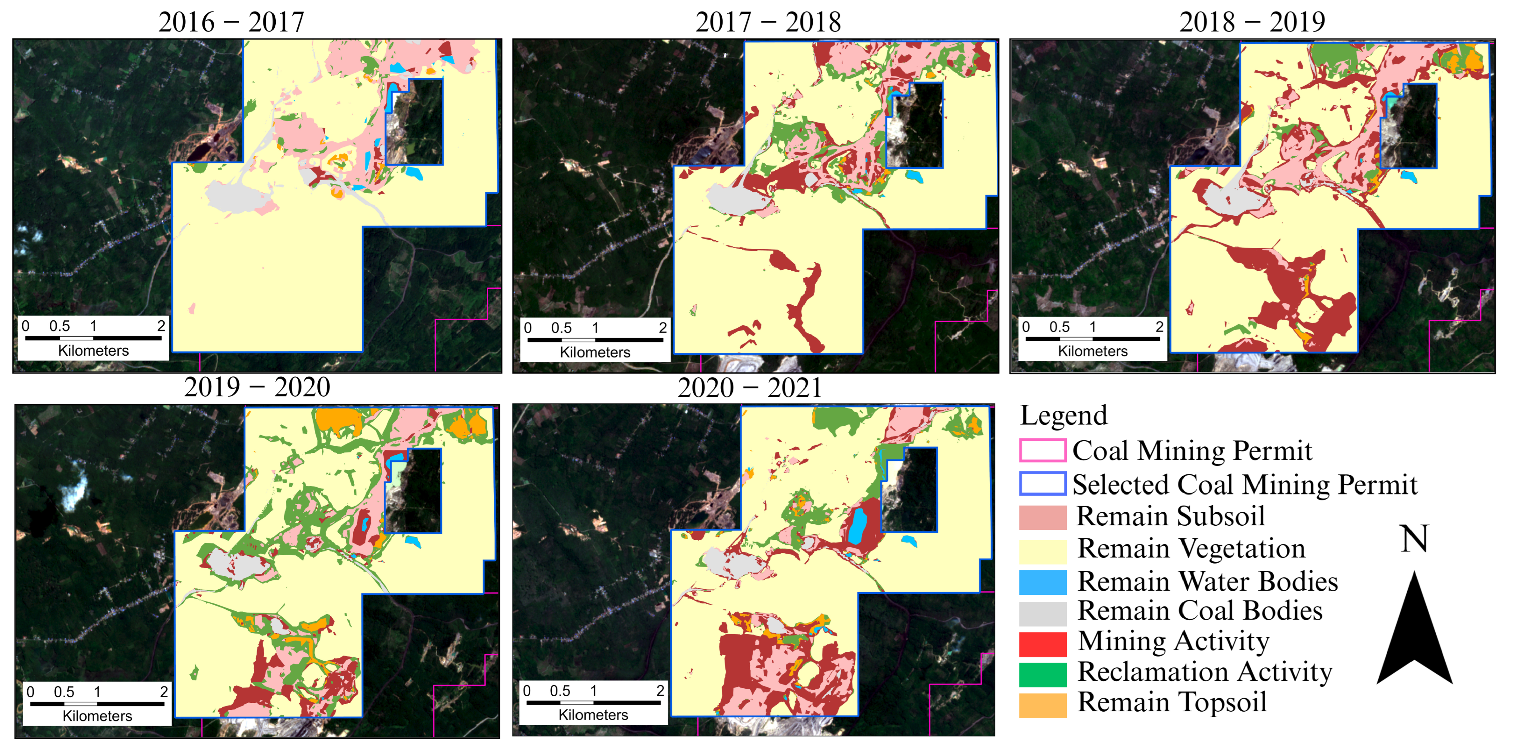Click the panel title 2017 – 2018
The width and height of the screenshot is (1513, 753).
768,22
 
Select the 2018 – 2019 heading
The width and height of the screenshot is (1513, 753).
1252,22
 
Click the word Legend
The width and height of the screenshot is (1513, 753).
1063,415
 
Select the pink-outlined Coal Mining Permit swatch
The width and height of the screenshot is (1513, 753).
1042,451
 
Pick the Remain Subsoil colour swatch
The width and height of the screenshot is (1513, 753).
1042,517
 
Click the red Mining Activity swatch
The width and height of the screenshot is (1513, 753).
1042,644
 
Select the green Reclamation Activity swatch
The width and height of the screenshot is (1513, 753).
1042,674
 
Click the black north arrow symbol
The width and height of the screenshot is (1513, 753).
1414,634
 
